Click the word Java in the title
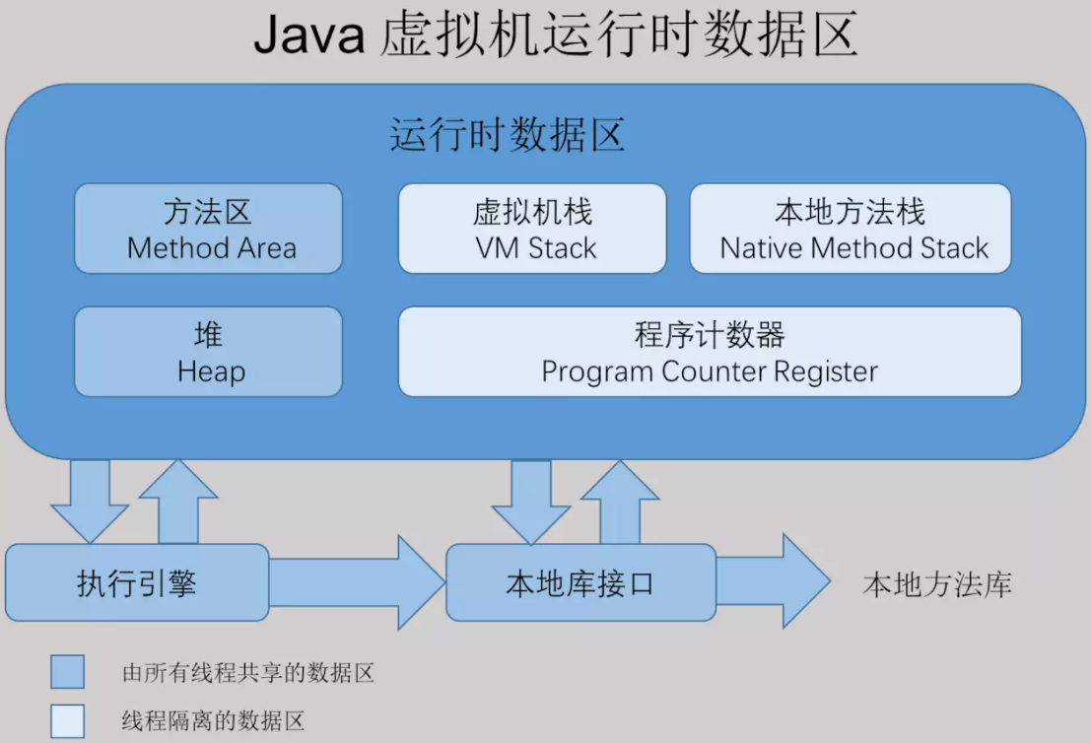tap(308, 34)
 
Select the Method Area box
tap(209, 229)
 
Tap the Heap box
tap(209, 352)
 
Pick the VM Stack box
tap(532, 229)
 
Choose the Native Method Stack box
tap(851, 229)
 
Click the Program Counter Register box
tap(710, 352)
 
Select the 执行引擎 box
tap(137, 582)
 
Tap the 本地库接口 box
tap(581, 582)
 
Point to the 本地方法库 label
tap(937, 584)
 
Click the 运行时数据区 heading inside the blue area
tap(508, 134)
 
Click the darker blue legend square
tap(67, 671)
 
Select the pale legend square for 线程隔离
tap(67, 720)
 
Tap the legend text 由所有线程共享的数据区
tap(248, 673)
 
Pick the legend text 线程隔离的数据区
tap(214, 720)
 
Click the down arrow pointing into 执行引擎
tap(90, 501)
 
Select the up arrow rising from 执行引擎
tap(178, 501)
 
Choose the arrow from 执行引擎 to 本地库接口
tap(357, 582)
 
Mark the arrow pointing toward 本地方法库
tap(773, 581)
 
